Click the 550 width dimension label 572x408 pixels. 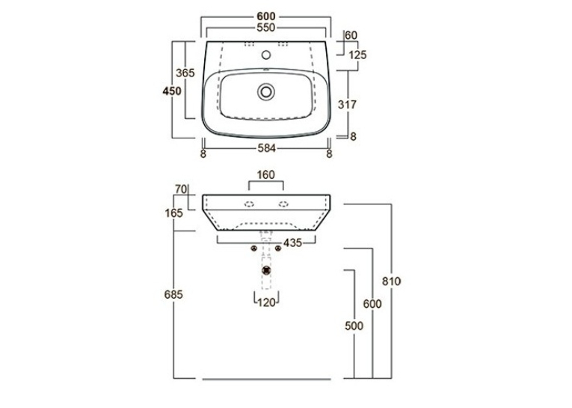click(x=265, y=28)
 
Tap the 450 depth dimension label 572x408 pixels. click(x=172, y=91)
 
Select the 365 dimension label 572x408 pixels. click(x=185, y=73)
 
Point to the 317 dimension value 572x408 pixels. click(x=347, y=105)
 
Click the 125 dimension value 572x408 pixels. click(x=357, y=55)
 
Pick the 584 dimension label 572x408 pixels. click(x=267, y=148)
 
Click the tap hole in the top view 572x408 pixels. click(x=266, y=55)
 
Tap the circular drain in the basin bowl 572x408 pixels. click(x=266, y=91)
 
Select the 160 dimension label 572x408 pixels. click(x=265, y=175)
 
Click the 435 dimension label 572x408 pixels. click(x=293, y=243)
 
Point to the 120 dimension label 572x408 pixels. click(x=267, y=302)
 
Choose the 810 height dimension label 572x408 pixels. click(x=391, y=281)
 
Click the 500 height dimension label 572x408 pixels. click(x=354, y=326)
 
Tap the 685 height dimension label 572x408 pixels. click(x=173, y=294)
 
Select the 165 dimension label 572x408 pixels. click(x=173, y=213)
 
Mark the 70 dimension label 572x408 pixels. click(x=181, y=189)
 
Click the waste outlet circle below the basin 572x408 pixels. click(x=267, y=270)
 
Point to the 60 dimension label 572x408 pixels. click(x=351, y=35)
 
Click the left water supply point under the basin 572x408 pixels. click(x=254, y=249)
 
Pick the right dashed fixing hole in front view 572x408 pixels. click(x=283, y=204)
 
